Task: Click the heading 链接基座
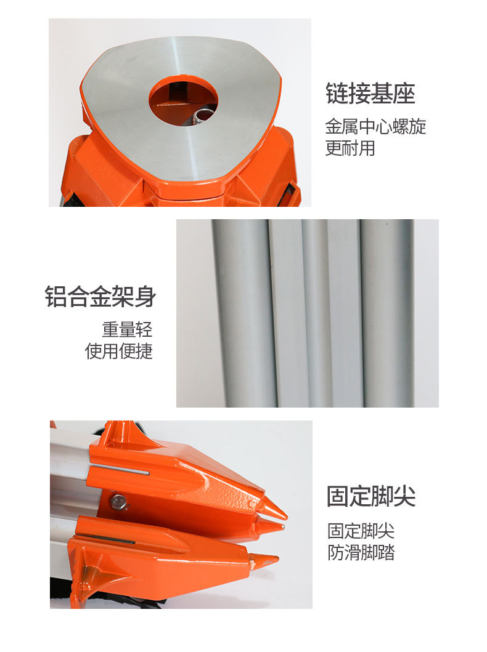tap(370, 94)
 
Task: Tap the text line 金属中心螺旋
tap(375, 127)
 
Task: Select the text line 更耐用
tap(350, 148)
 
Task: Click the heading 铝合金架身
tap(100, 297)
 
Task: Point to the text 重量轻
tap(127, 329)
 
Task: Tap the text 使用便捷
tap(118, 351)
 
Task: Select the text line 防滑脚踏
tap(361, 552)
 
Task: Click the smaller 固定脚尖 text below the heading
tap(361, 530)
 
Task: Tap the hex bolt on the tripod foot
tap(118, 502)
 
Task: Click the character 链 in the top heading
tap(337, 94)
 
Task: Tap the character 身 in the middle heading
tap(145, 297)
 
